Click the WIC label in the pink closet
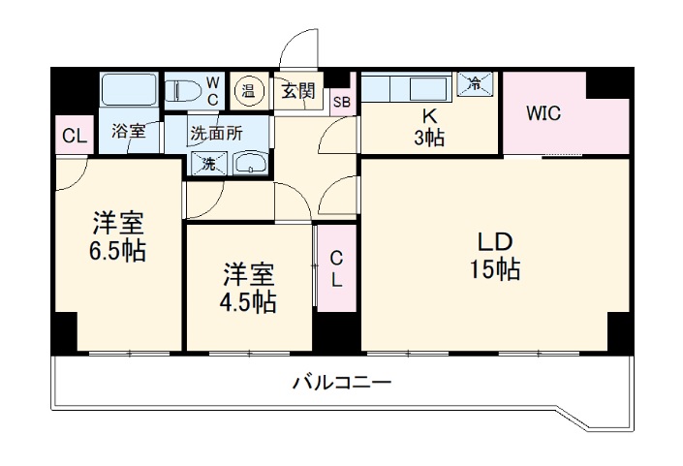point(543,113)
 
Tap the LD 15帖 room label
point(494,256)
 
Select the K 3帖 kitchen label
point(430,126)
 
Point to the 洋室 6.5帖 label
point(119,237)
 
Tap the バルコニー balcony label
point(342,383)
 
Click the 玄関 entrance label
point(297,92)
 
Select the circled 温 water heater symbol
point(248,92)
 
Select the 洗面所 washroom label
point(215,135)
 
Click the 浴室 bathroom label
point(128,131)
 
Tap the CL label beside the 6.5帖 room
point(73,137)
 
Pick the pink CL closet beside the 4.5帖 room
point(336,268)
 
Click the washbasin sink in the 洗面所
point(250,164)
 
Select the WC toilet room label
point(212,91)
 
